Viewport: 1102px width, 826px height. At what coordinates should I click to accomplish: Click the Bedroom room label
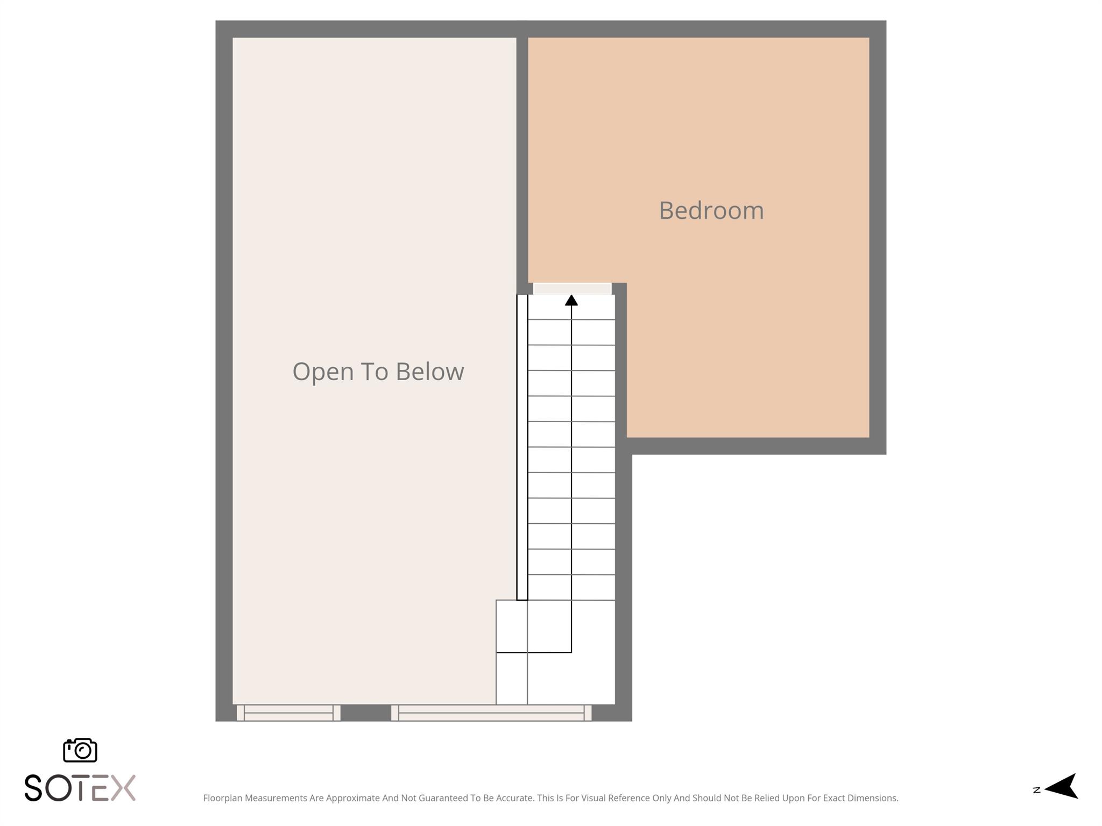tap(711, 210)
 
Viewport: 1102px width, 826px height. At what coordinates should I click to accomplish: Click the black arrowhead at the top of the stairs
tap(571, 300)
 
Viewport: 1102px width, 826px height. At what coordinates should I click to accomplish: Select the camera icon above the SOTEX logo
tap(80, 750)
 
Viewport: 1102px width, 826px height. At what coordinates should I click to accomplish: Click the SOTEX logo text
tap(80, 788)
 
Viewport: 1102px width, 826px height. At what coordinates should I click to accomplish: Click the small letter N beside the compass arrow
tap(1036, 790)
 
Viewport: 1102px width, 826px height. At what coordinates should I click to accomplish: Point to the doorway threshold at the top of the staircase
tap(572, 289)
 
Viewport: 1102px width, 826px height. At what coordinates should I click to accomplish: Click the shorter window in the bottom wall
tap(288, 713)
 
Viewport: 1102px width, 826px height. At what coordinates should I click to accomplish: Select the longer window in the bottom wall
tap(491, 713)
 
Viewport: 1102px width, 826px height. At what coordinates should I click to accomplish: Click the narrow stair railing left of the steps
tap(522, 446)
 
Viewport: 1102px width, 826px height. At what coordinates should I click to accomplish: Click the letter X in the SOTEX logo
tap(123, 788)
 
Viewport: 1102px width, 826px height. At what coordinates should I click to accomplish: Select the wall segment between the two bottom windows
tap(365, 713)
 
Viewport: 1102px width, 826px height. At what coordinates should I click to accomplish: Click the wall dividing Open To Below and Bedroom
tap(522, 161)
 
